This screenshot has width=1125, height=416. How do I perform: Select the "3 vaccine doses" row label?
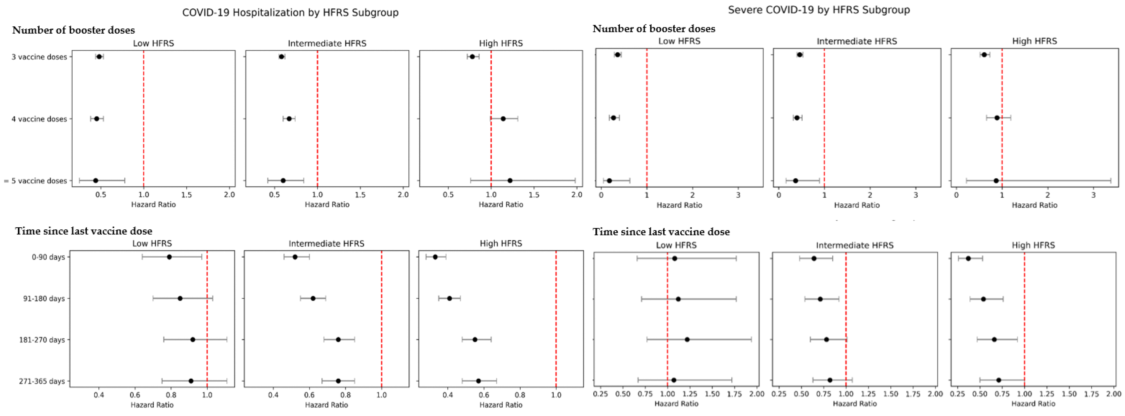tap(39, 57)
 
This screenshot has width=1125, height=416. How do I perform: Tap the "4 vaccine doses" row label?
tap(39, 119)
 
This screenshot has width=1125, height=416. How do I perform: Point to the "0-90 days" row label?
tap(48, 257)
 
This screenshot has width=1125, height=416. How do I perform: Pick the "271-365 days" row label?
tap(42, 381)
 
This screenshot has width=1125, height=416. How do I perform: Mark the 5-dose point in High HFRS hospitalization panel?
tap(510, 181)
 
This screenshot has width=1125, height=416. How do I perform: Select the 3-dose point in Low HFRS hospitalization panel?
tap(99, 57)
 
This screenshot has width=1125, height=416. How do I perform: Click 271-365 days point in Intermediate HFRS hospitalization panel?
tap(338, 381)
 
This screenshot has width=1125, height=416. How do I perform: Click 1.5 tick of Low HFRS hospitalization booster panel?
tap(187, 195)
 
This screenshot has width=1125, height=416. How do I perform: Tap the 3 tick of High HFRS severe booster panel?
tap(1094, 195)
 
